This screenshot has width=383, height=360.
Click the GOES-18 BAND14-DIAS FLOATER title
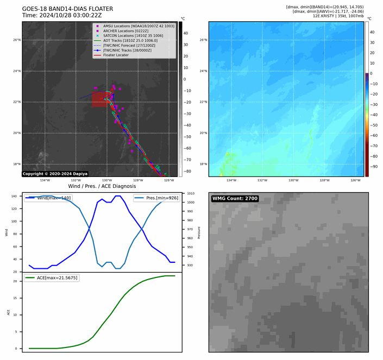pos(67,9)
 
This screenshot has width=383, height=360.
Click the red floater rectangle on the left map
pos(98,99)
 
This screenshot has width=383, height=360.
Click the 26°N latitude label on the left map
pos(16,40)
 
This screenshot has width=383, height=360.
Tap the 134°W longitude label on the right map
pos(231,180)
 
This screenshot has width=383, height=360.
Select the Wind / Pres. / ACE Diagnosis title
pos(101,186)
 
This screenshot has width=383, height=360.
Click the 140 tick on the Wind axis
pos(15,195)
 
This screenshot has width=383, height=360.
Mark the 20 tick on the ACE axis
pos(17,281)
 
